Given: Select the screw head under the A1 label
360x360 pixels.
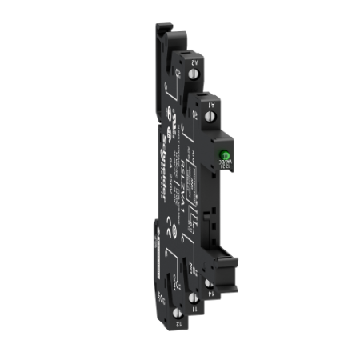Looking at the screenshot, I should (x=210, y=117).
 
